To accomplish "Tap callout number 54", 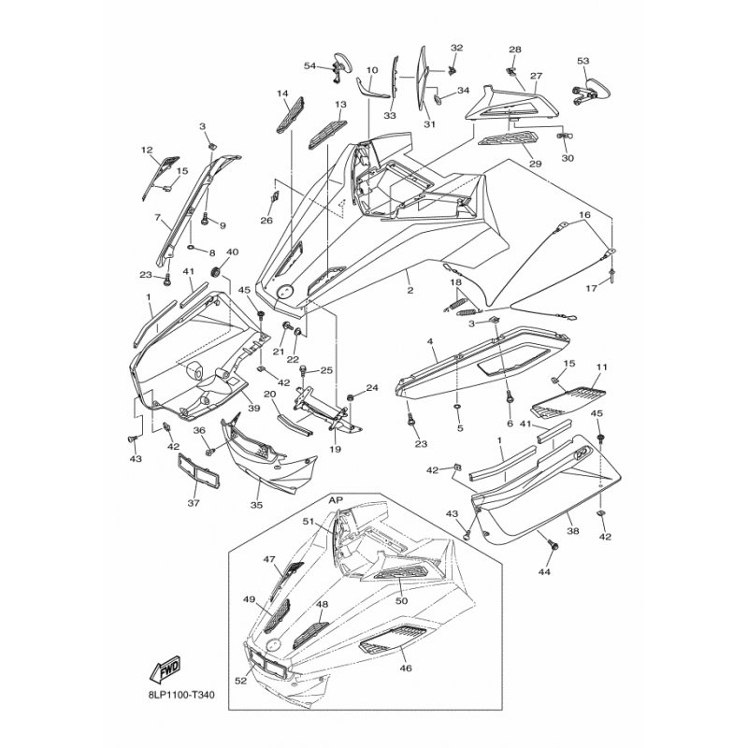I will pos(310,65).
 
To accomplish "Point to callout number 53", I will pos(583,61).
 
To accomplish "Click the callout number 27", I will pos(536,76).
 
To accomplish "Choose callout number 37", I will pos(194,503).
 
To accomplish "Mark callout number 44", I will pos(546,569).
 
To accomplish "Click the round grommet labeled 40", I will pos(215,272).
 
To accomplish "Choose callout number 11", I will pos(602,367).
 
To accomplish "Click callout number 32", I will pos(456,48).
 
